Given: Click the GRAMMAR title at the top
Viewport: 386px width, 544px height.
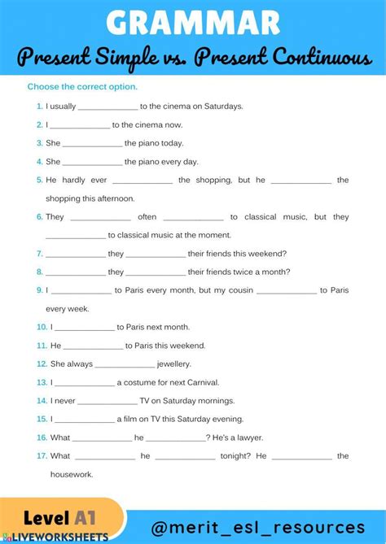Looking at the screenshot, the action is click(193, 21).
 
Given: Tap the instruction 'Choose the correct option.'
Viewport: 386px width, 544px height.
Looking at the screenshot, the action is click(82, 87).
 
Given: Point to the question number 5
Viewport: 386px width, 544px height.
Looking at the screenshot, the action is click(39, 181).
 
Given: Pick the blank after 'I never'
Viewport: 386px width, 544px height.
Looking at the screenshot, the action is click(107, 401).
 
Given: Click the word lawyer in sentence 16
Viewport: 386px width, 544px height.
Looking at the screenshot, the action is click(257, 437).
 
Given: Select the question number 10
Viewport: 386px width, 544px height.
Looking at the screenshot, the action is click(42, 327).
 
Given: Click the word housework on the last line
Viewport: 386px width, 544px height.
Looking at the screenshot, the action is click(72, 474).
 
